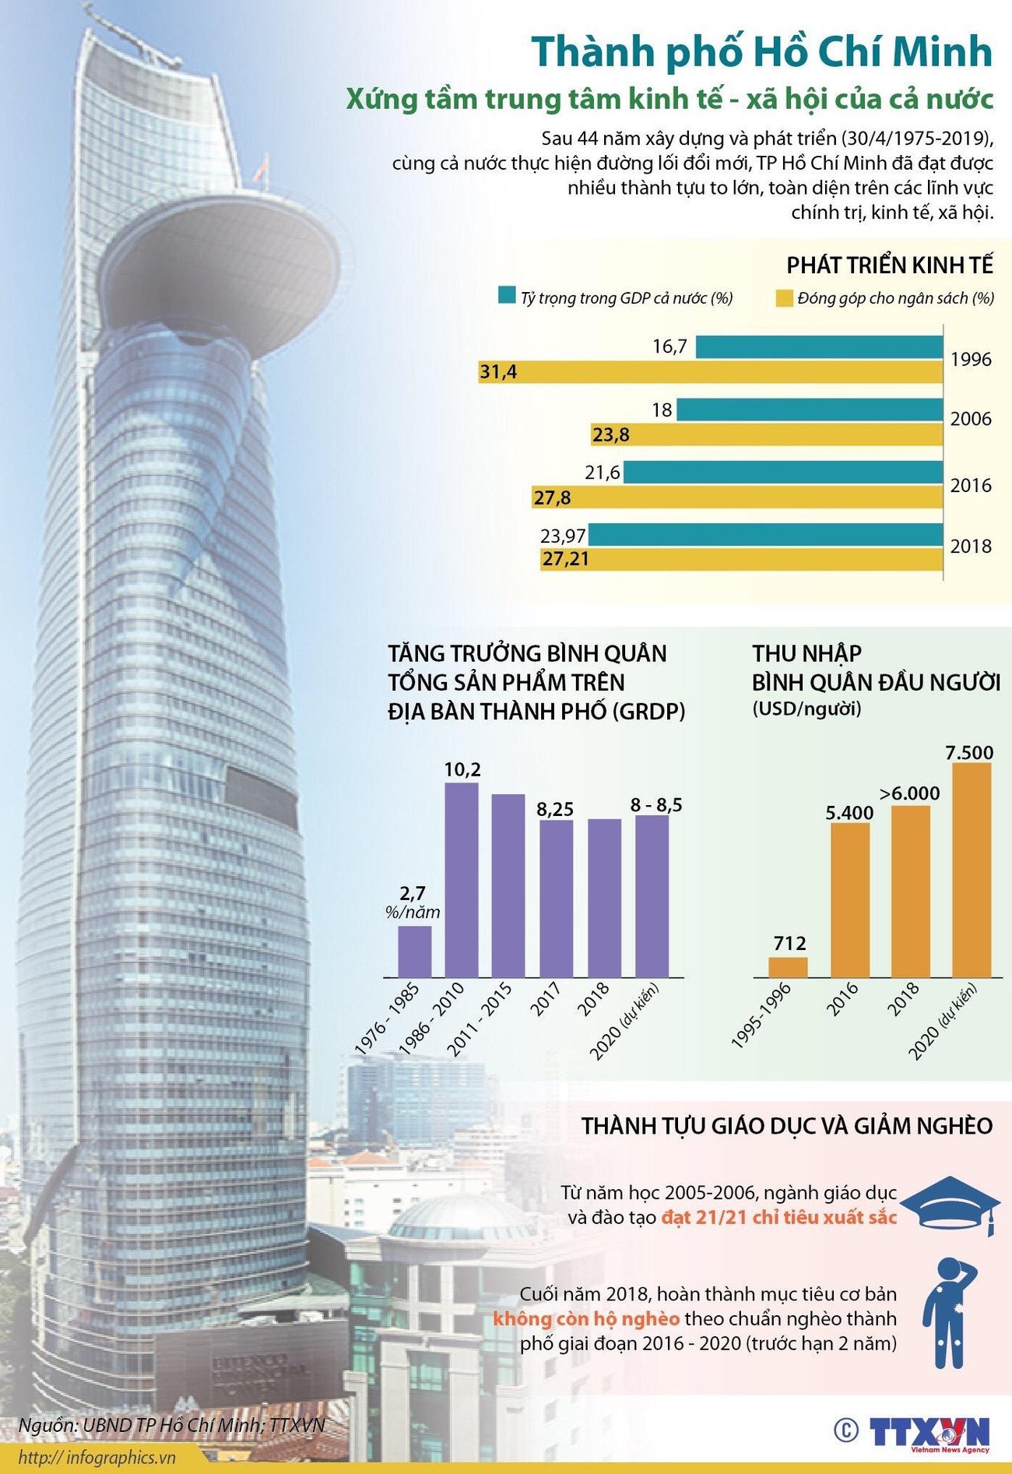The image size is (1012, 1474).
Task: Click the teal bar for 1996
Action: click(x=818, y=347)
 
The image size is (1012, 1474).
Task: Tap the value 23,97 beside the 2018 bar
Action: click(x=562, y=535)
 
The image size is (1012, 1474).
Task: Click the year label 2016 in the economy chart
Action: click(x=971, y=486)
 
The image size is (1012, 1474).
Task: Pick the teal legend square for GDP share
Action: click(x=507, y=296)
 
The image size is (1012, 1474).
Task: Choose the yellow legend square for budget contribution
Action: click(x=784, y=297)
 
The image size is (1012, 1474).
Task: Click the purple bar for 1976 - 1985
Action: click(x=414, y=951)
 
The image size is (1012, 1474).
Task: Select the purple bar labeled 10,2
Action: click(x=462, y=880)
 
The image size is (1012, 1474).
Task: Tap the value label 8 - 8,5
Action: click(x=655, y=805)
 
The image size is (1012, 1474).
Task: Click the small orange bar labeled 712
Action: click(x=788, y=966)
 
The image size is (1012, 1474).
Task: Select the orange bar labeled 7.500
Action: click(x=972, y=869)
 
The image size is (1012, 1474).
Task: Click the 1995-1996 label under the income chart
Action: click(x=761, y=1015)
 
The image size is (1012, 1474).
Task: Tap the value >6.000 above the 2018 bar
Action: click(x=909, y=793)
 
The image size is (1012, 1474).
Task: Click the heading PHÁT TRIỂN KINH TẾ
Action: click(x=889, y=266)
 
